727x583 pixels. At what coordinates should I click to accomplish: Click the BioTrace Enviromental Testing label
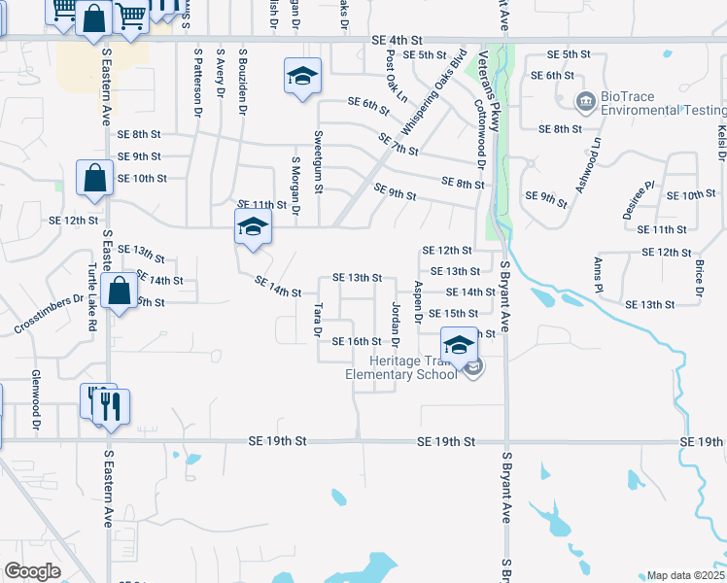coord(657,104)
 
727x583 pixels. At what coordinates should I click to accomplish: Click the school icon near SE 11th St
coord(253,228)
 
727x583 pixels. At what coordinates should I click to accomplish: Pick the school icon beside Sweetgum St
coord(302,76)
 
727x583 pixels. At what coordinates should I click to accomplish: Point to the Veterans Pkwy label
coord(494,91)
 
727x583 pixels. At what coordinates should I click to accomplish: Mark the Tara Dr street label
coord(317,320)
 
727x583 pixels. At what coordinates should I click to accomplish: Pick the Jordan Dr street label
coord(396,324)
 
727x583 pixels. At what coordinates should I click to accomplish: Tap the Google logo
coord(32,571)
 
